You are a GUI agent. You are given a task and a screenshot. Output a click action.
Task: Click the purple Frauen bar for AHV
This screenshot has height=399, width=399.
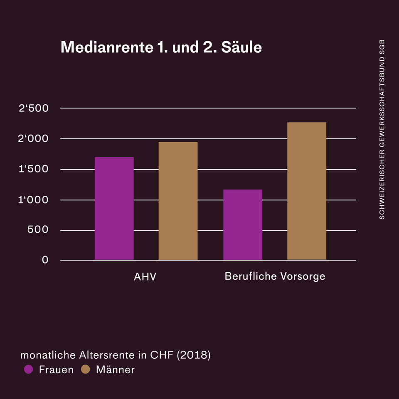[114, 208]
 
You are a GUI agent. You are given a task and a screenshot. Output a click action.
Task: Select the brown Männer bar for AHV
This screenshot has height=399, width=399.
[178, 201]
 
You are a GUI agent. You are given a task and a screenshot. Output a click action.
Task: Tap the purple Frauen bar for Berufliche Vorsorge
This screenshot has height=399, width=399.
[243, 224]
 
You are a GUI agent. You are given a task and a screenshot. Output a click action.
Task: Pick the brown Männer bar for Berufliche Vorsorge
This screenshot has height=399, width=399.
[307, 191]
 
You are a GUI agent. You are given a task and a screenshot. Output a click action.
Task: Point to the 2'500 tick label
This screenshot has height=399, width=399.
[34, 108]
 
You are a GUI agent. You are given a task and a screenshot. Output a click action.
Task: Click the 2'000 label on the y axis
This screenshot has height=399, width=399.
[34, 139]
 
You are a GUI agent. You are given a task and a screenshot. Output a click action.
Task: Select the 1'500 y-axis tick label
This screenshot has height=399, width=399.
[34, 170]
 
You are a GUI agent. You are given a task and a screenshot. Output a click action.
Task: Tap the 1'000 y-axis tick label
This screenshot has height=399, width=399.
[34, 200]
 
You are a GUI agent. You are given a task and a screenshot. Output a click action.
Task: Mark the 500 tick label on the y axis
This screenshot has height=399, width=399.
[38, 230]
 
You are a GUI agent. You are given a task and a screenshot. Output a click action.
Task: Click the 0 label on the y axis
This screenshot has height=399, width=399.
[45, 260]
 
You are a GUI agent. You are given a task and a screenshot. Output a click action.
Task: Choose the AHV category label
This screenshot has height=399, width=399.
[145, 276]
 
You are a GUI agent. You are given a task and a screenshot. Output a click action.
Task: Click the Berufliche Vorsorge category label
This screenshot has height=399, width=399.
[275, 276]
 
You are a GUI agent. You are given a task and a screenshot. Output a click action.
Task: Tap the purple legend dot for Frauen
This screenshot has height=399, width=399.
[28, 369]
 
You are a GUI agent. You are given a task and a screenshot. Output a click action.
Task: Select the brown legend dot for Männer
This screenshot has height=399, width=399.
[85, 369]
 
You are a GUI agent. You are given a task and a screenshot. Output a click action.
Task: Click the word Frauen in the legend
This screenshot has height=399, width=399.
[56, 369]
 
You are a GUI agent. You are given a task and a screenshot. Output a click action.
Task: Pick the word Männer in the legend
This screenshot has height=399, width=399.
[115, 369]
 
